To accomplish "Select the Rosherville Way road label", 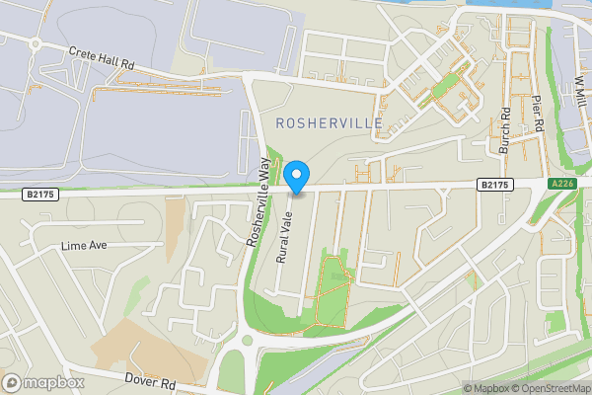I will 259,202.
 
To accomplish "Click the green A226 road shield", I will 560,185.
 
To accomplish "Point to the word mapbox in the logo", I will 55,382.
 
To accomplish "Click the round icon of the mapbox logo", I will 13,382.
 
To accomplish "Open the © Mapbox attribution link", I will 488,388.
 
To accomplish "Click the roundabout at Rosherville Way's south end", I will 246,341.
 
